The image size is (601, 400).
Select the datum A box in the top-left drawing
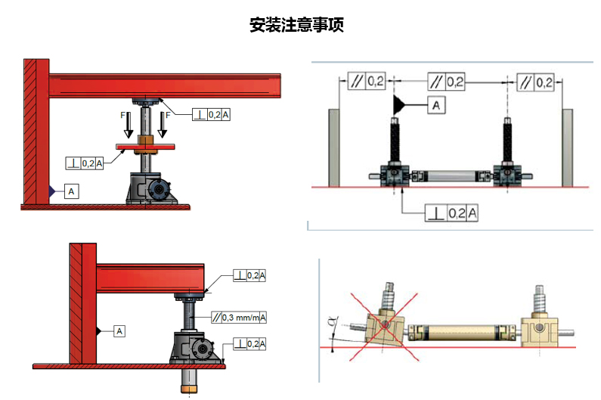tap(71, 192)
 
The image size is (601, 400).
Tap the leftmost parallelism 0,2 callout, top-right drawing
tap(367, 81)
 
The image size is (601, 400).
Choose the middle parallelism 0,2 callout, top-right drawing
tap(446, 81)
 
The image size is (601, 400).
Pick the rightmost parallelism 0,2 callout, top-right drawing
tap(535, 81)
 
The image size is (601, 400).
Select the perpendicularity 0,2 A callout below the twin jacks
tap(451, 213)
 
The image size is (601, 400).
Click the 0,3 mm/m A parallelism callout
tap(239, 318)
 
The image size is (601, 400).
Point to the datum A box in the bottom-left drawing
tap(120, 330)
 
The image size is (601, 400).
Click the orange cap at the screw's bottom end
tap(187, 389)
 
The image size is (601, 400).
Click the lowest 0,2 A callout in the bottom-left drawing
tap(249, 344)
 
